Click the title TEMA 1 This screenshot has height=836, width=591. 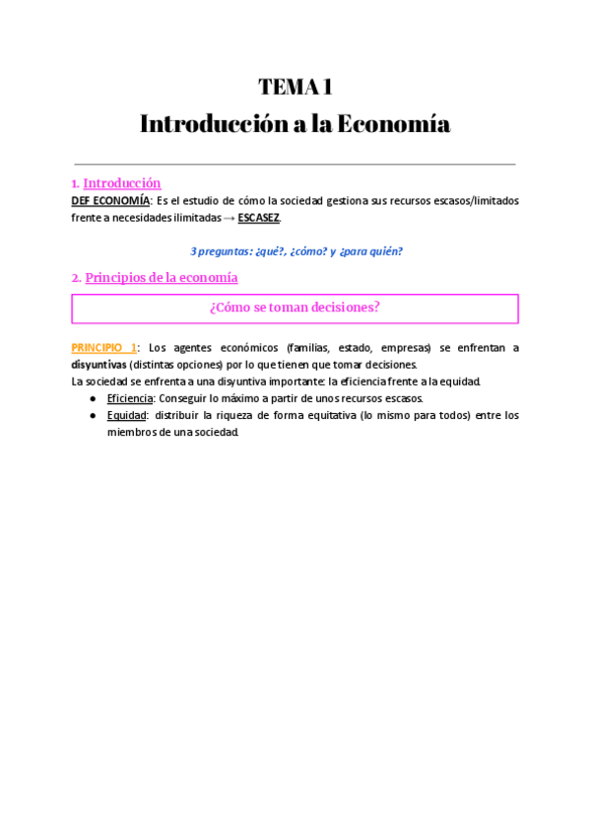click(x=295, y=87)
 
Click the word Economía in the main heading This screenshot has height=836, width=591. click(x=393, y=125)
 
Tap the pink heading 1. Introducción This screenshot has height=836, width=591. click(x=116, y=183)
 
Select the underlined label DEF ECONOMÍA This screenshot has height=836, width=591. click(x=110, y=200)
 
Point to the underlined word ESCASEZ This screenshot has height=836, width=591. click(x=259, y=218)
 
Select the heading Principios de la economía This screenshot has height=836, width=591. click(x=161, y=278)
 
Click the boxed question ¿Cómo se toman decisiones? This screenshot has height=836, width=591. click(x=295, y=308)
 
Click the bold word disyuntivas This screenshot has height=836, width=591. click(x=98, y=364)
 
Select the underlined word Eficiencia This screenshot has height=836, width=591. click(x=130, y=398)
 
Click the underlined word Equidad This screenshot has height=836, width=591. click(x=126, y=415)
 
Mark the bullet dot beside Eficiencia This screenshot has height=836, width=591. click(x=92, y=398)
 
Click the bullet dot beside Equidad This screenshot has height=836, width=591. click(x=92, y=415)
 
